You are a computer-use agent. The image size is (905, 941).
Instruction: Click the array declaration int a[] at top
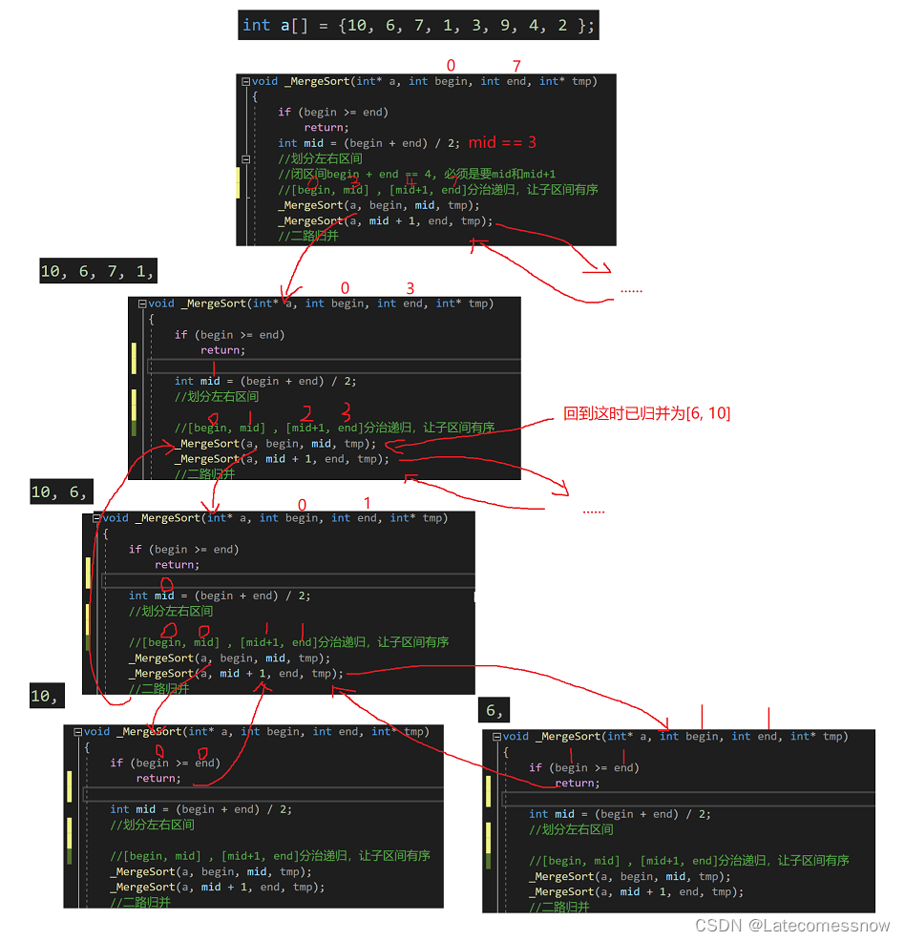click(418, 25)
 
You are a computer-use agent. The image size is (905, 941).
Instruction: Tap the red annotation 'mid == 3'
click(502, 142)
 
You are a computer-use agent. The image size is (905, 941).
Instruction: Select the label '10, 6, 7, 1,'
click(97, 272)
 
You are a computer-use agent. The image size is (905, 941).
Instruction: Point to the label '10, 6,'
click(59, 492)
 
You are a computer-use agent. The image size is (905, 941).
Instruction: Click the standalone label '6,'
click(495, 711)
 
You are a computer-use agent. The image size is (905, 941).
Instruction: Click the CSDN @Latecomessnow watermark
click(792, 926)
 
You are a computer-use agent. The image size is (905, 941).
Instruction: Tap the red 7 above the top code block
click(516, 66)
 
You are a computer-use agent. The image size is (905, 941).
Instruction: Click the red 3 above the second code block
click(410, 288)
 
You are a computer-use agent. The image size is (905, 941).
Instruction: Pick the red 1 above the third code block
click(367, 503)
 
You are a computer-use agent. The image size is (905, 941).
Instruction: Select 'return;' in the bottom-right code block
click(578, 783)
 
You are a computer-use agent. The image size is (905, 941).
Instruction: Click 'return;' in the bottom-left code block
click(158, 778)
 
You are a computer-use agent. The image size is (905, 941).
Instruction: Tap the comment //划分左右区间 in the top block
click(320, 158)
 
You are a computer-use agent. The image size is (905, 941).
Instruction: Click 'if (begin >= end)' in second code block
click(229, 335)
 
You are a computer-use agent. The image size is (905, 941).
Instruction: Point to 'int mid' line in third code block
click(220, 596)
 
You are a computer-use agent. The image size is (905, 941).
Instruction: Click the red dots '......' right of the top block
click(631, 289)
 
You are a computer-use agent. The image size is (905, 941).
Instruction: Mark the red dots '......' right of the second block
click(593, 511)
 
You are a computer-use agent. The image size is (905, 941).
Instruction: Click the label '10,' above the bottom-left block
click(44, 697)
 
